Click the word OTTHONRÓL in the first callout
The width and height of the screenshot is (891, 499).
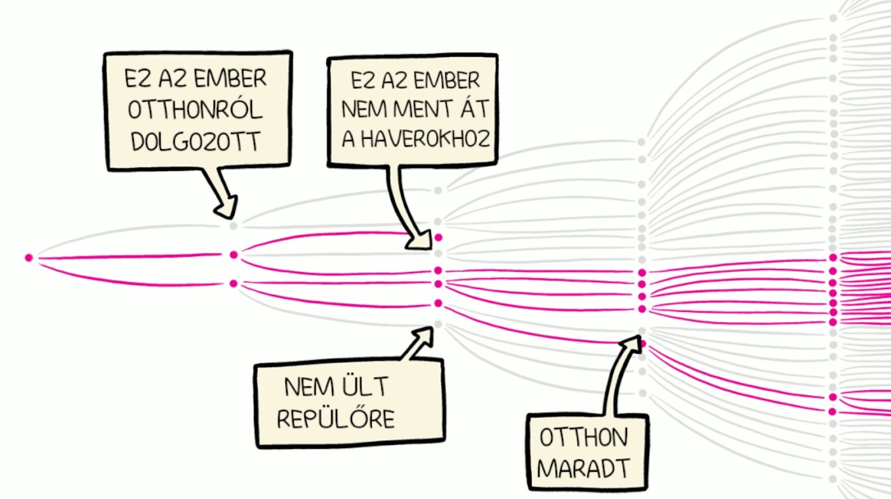point(195,110)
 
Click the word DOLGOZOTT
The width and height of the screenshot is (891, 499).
point(195,141)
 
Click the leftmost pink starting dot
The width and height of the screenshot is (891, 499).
point(29,257)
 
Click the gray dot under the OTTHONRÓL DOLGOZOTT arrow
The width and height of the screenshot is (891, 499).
point(233,225)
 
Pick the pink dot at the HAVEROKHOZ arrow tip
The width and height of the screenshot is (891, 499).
point(438,238)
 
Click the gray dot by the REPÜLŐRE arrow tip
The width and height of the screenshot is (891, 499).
point(438,324)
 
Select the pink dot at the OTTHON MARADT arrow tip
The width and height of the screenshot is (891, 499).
point(642,344)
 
